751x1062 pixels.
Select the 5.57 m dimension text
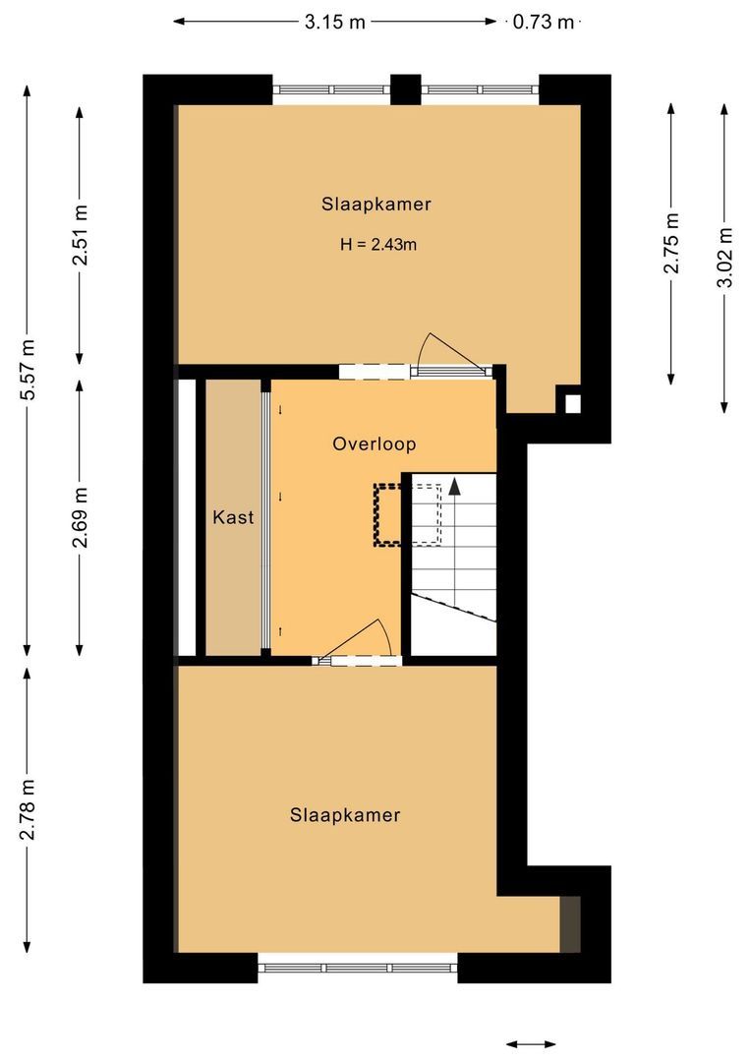tap(29, 369)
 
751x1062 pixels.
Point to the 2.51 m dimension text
tap(81, 235)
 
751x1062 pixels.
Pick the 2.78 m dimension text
tap(29, 809)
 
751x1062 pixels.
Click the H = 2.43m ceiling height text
tap(377, 245)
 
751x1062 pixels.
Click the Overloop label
tap(374, 443)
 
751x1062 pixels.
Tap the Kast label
tap(234, 516)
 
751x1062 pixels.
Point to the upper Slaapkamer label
tap(376, 205)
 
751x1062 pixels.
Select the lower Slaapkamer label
tap(345, 815)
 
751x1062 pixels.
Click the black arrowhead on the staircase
tap(455, 484)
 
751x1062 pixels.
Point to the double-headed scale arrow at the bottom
tap(531, 1044)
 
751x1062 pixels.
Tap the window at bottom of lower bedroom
tap(358, 968)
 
